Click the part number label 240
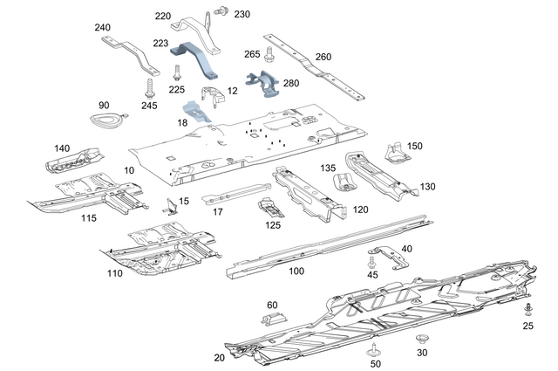(103, 27)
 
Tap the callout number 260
(323, 57)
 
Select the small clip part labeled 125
(271, 210)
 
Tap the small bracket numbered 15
(169, 207)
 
